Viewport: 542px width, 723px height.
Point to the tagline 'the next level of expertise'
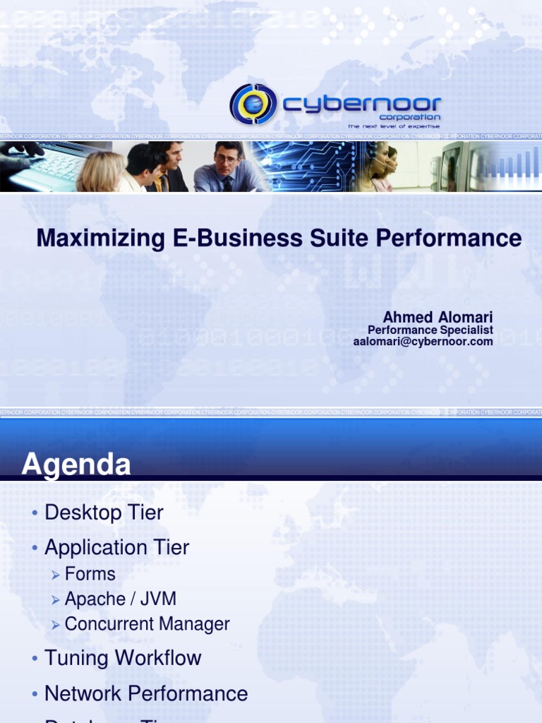coord(393,126)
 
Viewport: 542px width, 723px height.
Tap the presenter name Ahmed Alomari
coord(438,317)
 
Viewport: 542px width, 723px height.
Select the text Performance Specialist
coord(430,330)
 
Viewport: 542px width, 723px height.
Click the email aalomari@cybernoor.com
coord(423,342)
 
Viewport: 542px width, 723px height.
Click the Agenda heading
coord(76,465)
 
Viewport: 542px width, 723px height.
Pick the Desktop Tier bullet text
coord(104,513)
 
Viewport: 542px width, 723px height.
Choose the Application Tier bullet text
coord(116,547)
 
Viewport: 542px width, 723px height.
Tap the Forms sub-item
coord(90,574)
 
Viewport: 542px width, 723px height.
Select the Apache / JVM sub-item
coord(120,599)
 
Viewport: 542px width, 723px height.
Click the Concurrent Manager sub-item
coord(147,624)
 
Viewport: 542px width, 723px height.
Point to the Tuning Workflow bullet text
coord(123,658)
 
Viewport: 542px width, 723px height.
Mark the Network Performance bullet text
coord(146,693)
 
